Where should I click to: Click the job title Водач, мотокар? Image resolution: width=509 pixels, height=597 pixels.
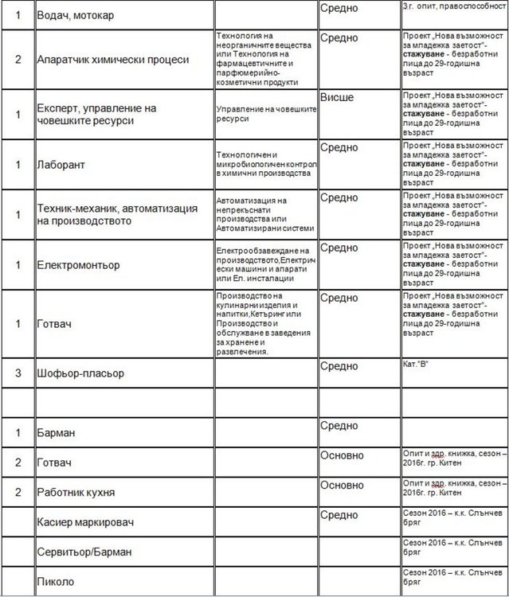pos(80,15)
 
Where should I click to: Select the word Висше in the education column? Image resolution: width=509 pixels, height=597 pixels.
pos(336,97)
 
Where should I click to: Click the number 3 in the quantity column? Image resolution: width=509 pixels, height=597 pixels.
pos(18,373)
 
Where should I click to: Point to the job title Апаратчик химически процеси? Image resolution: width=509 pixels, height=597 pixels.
pos(113,60)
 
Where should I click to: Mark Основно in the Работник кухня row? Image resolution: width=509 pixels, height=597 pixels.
pos(342,485)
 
